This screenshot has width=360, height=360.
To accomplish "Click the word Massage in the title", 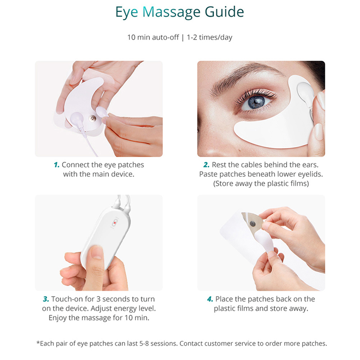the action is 171,12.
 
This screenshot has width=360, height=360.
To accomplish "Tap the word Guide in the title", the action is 224,12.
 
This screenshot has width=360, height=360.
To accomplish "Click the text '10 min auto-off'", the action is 153,37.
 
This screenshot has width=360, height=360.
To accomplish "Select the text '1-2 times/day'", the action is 209,37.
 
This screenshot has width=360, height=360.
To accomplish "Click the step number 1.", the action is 57,165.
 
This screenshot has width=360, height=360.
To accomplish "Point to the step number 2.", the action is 207,165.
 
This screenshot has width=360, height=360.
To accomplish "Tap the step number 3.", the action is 46,299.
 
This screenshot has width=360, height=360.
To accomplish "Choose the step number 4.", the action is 210,299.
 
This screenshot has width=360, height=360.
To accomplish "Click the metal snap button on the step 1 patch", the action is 93,118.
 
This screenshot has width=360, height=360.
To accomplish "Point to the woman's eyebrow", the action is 243,77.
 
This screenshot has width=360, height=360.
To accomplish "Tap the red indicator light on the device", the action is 115,223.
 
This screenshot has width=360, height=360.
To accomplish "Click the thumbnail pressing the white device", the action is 97,252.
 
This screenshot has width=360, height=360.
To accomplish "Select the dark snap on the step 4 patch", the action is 252,223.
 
